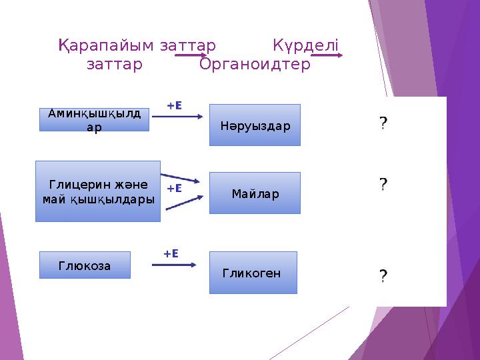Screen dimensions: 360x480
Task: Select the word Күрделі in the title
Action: (x=306, y=46)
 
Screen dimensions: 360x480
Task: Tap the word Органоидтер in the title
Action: (x=255, y=65)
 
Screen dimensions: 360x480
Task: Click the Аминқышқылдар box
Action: (x=94, y=120)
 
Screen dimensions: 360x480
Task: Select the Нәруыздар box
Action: (x=255, y=125)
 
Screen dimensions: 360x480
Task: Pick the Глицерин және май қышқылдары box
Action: (x=98, y=191)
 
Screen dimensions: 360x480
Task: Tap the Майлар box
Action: (x=255, y=193)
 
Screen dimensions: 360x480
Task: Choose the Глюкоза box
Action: (x=85, y=265)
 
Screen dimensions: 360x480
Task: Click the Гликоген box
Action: (x=253, y=273)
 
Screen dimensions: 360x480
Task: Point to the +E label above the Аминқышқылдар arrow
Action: (x=174, y=105)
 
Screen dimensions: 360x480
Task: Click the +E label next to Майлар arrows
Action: (x=174, y=189)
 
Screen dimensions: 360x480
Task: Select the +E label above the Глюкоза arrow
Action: (x=171, y=253)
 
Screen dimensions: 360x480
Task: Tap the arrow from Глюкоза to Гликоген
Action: (x=174, y=265)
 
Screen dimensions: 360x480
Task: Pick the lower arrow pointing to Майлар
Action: (x=183, y=203)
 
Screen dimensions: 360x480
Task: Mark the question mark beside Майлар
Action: (x=383, y=184)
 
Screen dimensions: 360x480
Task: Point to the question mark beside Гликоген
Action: (x=383, y=275)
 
